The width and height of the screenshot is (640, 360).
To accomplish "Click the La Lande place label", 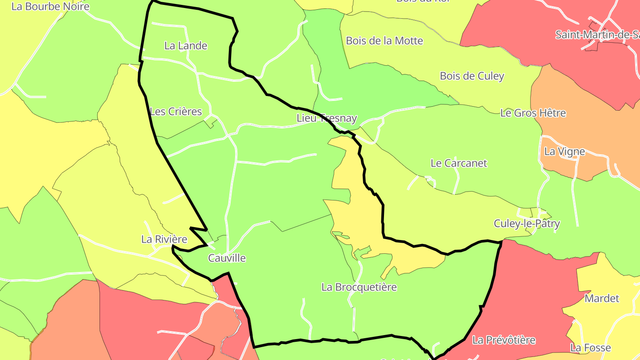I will coord(186,46).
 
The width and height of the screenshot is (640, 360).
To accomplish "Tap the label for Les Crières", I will coord(176,112).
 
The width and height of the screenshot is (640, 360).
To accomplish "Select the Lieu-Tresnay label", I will coord(327,119).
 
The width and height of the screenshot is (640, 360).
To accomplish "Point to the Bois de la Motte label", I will coord(384,41).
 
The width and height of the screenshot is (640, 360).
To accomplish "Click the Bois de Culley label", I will coord(472,76).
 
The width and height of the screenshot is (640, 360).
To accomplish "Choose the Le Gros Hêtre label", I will coord(533,113).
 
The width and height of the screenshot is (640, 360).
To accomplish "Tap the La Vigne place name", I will coord(564,152).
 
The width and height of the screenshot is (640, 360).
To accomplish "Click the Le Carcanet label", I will coord(459,163).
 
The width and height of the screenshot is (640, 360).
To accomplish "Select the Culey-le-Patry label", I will coord(527,224).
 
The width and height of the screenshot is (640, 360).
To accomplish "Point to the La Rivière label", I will coord(164,239).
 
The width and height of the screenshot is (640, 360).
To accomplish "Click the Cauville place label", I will coord(227,258).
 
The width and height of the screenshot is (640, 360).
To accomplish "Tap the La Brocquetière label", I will coord(359,287).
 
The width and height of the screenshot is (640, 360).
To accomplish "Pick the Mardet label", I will coord(602,298).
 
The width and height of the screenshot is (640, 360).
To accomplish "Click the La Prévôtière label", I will coord(504,340).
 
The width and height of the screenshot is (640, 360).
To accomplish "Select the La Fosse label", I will coord(591,348).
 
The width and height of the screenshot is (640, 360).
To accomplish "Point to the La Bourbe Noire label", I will coord(50,7).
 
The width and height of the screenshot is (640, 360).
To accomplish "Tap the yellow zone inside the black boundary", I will coord(356,213).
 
